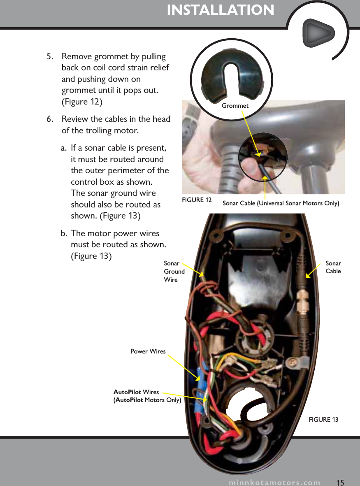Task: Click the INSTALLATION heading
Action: coord(220,10)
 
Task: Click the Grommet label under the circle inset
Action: coord(235,106)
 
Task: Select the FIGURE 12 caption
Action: coord(197,200)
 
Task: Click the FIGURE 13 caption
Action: coord(323,419)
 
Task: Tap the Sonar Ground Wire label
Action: coord(174,272)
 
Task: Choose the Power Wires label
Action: coord(148,351)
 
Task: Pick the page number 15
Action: coord(340,482)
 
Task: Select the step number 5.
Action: coord(49,56)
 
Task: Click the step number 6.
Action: coord(49,119)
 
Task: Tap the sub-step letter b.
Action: coord(64,234)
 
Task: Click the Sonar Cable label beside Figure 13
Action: coord(333,267)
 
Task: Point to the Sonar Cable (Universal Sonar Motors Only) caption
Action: coord(281,203)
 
